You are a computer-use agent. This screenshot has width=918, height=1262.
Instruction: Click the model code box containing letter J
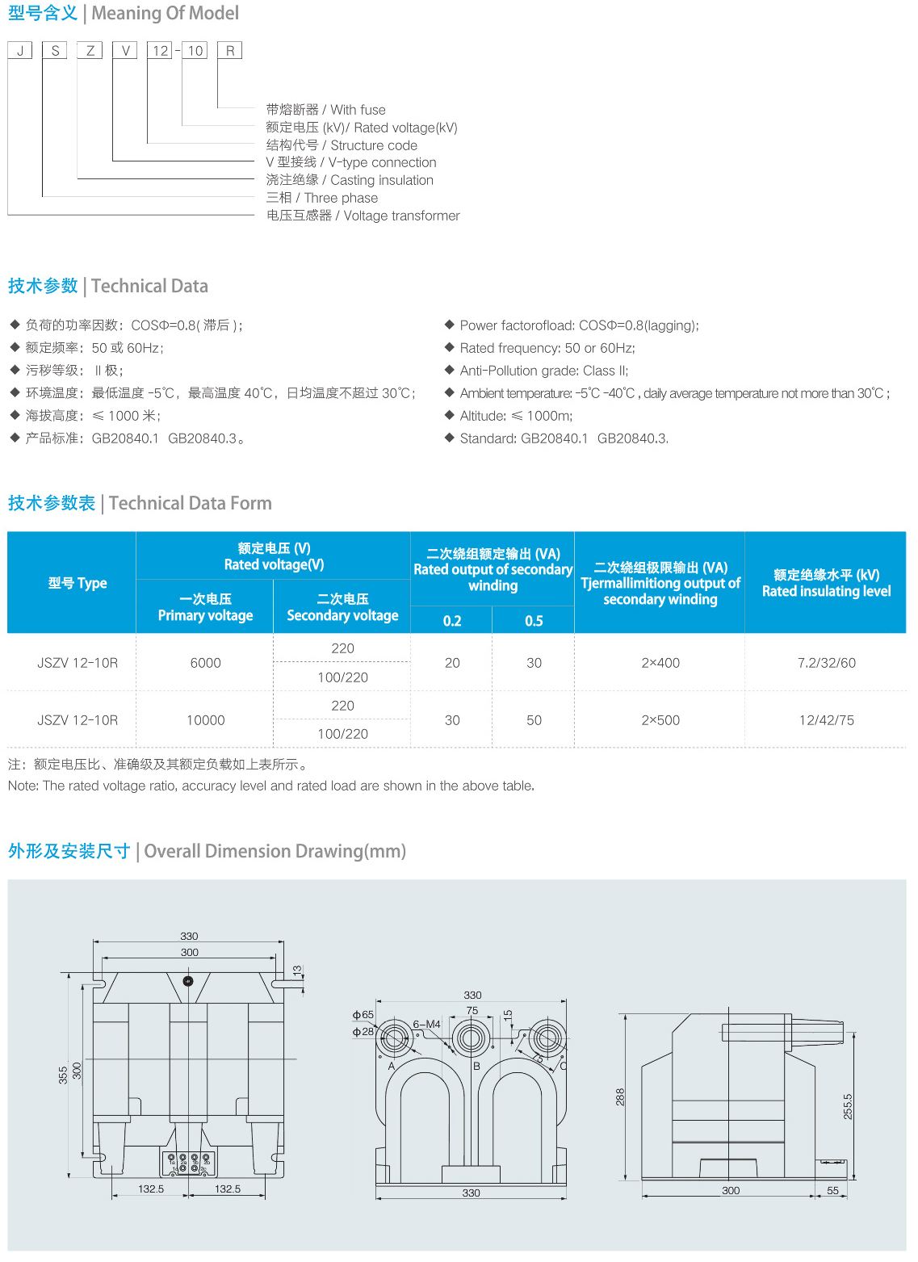(19, 51)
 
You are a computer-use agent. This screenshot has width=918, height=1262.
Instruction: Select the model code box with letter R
(230, 51)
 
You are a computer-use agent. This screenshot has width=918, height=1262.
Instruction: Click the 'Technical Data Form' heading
(190, 504)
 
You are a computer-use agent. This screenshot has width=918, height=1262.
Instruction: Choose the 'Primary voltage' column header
(205, 607)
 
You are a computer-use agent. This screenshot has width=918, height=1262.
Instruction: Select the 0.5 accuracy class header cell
(534, 621)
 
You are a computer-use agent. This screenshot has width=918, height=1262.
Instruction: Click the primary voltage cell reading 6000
(205, 663)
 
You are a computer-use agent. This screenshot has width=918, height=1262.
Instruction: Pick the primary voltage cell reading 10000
(205, 720)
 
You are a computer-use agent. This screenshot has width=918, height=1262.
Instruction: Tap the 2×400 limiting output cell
(660, 663)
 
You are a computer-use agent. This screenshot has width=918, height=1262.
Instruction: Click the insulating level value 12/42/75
(826, 720)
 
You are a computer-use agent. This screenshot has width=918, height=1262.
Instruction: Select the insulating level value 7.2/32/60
(826, 663)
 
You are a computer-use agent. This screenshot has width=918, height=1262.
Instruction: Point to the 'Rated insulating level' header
(826, 583)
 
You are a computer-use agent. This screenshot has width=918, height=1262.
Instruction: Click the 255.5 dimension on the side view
(848, 1106)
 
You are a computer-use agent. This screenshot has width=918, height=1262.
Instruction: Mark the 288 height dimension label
(620, 1096)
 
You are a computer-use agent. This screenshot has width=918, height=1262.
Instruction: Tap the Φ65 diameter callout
(363, 1015)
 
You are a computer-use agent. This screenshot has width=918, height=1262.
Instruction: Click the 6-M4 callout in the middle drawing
(427, 1025)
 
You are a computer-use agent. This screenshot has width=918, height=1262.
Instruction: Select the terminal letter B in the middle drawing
(476, 1067)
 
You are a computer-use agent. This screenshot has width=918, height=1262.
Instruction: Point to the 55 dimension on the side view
(832, 1191)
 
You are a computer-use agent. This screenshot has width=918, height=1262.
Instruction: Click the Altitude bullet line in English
(516, 416)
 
